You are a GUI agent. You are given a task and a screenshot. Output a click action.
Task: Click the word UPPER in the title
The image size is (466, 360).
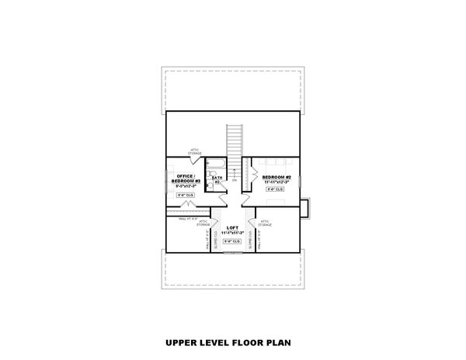point(180,341)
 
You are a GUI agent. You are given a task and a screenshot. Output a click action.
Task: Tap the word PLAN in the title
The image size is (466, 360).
point(286,341)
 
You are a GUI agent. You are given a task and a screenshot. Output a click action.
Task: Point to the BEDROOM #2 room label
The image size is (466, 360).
point(276,177)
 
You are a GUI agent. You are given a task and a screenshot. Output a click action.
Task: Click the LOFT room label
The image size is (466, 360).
point(232,227)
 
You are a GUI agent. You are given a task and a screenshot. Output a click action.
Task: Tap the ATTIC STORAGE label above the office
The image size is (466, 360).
point(194,151)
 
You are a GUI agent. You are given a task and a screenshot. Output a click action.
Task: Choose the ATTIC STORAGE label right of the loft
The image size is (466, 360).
point(265,222)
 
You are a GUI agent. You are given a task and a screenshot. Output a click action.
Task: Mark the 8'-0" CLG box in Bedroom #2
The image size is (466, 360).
point(276,189)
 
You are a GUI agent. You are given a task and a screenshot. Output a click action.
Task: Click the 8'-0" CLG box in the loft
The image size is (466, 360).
point(232,241)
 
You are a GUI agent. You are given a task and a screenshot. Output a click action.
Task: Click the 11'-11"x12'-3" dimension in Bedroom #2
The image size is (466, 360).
point(276,182)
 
